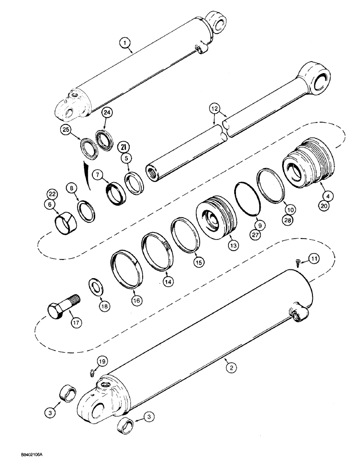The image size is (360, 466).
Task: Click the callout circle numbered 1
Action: coord(124,44)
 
